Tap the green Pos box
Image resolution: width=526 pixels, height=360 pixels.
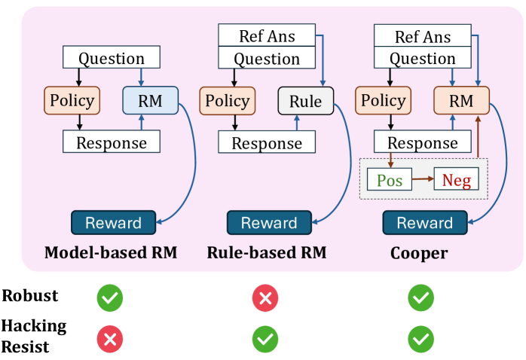pyautogui.click(x=390, y=180)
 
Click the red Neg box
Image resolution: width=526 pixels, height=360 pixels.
pyautogui.click(x=457, y=180)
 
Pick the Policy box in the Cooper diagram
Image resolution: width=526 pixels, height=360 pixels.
pyautogui.click(x=384, y=101)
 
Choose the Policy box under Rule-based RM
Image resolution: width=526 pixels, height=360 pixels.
pyautogui.click(x=226, y=101)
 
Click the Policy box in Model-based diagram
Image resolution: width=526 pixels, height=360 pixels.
pyautogui.click(x=72, y=101)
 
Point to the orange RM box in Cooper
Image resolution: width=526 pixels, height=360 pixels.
pyautogui.click(x=461, y=101)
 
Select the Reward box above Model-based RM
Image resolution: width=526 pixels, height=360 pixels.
pyautogui.click(x=113, y=223)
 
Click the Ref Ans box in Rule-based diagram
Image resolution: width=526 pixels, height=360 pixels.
pyautogui.click(x=267, y=35)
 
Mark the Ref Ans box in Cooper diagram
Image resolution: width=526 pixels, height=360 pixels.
pyautogui.click(x=423, y=35)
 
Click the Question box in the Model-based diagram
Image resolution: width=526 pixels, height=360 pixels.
pyautogui.click(x=112, y=58)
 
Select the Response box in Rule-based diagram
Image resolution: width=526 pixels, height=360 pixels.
pyautogui.click(x=267, y=142)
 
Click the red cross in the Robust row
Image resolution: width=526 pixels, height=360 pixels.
pyautogui.click(x=265, y=298)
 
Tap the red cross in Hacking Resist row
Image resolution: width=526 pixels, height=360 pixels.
pyautogui.click(x=109, y=340)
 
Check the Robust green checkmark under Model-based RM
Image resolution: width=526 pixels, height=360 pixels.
pyautogui.click(x=109, y=298)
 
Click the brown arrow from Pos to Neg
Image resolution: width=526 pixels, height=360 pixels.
pyautogui.click(x=423, y=180)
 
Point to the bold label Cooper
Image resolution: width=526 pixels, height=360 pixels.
pyautogui.click(x=418, y=253)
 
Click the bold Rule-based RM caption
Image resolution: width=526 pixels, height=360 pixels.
pyautogui.click(x=266, y=253)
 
